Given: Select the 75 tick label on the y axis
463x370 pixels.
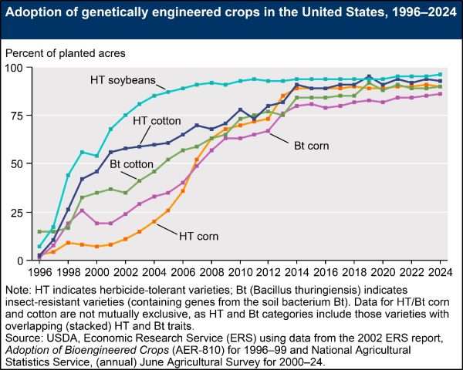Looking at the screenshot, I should tap(16, 116).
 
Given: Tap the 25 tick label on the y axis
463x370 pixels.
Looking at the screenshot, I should tap(16, 213).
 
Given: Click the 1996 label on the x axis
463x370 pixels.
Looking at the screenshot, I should tap(39, 272).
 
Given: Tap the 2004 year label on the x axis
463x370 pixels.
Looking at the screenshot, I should tap(154, 272).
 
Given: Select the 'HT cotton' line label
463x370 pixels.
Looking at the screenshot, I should tap(157, 121).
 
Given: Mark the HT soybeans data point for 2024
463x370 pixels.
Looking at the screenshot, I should tap(441, 75).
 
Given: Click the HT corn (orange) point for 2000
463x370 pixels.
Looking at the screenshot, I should tap(96, 247).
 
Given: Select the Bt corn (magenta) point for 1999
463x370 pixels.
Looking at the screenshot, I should tap(82, 210).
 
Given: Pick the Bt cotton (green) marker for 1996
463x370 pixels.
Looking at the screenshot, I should tap(39, 231).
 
